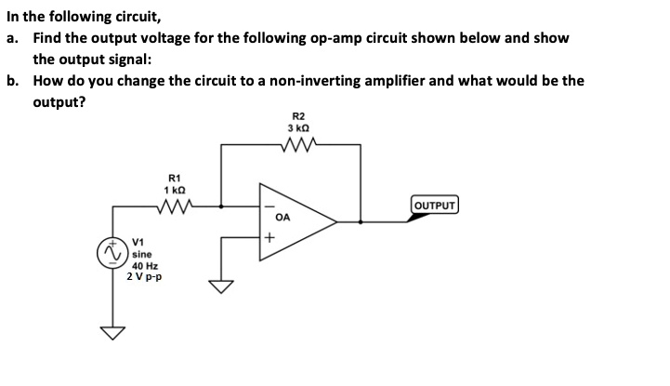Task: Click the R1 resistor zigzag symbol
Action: [x=176, y=206]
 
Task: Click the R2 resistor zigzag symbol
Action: [x=304, y=144]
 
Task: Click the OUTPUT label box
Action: [x=435, y=205]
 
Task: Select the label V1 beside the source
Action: [x=139, y=241]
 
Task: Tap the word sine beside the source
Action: [x=142, y=253]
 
